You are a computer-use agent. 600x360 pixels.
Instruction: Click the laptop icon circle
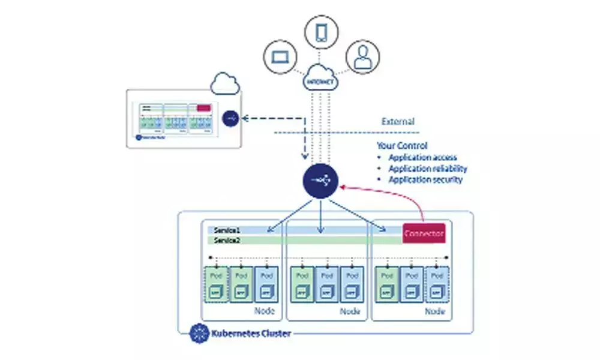coord(280,58)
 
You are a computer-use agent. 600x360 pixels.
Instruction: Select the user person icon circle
coord(362,58)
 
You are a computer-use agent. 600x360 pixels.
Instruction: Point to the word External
coord(398,122)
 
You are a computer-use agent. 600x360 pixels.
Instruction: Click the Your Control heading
coord(402,146)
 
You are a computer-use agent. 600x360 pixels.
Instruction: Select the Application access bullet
coord(422,157)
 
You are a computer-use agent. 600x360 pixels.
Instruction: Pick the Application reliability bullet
coord(427,169)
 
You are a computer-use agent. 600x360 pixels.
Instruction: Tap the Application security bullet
coord(425,179)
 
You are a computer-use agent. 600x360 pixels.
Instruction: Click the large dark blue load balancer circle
coord(320,181)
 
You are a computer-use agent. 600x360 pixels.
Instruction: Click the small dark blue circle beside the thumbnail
coord(230,118)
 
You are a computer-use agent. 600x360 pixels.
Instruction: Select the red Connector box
coord(424,233)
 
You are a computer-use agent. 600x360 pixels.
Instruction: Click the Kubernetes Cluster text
coord(250,332)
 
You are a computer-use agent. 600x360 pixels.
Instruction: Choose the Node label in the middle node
coord(350,311)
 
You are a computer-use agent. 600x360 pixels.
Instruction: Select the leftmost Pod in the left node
coord(216,284)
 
